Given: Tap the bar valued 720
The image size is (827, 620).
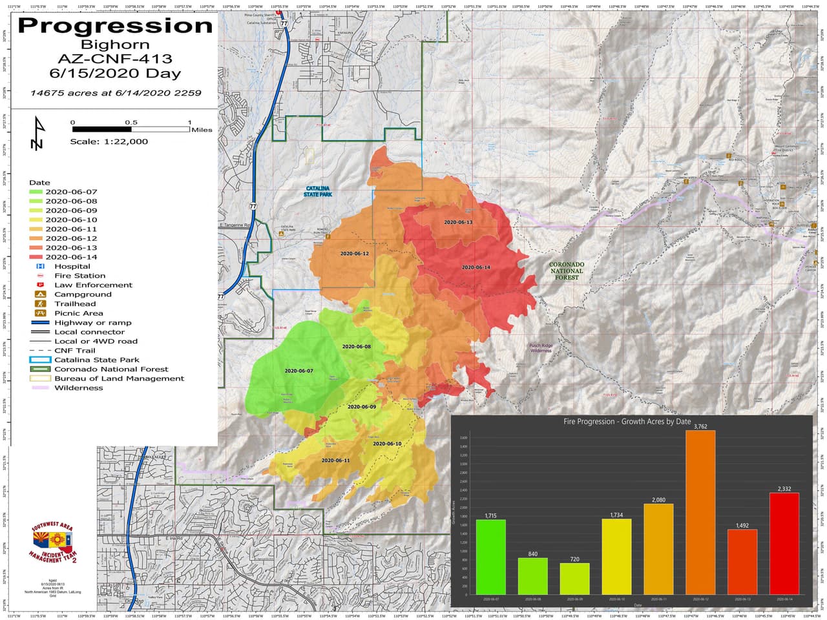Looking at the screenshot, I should [574, 578].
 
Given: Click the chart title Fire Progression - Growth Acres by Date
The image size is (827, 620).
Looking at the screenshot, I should [627, 422].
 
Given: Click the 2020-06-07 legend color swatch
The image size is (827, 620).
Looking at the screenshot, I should [36, 192].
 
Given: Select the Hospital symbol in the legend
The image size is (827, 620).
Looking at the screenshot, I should [41, 266].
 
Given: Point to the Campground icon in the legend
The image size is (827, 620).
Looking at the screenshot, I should [41, 294].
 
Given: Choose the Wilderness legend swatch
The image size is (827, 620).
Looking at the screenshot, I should [41, 388].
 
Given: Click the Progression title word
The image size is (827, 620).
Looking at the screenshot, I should [115, 26].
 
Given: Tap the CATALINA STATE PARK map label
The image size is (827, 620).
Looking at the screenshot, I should [318, 192].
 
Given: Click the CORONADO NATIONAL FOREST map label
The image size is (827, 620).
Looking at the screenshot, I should [567, 271].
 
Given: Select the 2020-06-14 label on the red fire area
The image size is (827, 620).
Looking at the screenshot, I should [476, 267].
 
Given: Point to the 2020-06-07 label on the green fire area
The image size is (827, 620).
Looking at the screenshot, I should [298, 371].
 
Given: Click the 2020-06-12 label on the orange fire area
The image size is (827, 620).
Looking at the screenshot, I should [354, 254].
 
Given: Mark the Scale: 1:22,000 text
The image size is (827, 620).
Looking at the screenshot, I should [109, 141].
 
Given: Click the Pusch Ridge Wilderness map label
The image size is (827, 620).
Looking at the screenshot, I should [541, 348].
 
